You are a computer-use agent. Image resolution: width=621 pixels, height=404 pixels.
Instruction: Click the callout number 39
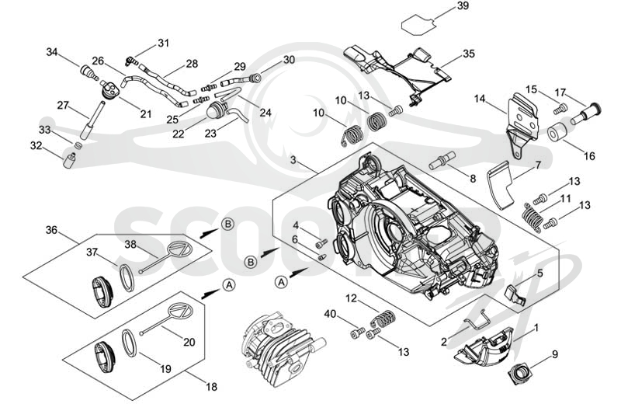462,6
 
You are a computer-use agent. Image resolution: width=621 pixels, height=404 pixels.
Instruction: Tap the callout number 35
468,54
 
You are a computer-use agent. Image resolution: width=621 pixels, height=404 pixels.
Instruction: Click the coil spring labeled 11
532,216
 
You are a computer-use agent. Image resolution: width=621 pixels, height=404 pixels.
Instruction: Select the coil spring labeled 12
383,318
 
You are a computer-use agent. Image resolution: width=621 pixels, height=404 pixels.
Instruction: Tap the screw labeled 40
358,333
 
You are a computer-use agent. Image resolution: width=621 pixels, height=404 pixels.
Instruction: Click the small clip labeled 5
515,294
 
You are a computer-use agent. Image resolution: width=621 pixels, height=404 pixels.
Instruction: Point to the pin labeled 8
443,159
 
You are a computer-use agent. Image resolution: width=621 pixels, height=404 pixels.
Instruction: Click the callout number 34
52,52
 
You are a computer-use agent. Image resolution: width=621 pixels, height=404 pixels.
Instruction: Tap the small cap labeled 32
69,160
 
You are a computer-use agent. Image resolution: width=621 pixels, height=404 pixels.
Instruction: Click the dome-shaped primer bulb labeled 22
217,108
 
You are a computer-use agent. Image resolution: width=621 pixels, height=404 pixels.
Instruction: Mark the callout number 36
51,230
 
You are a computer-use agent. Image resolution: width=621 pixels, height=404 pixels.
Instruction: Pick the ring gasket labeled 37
127,277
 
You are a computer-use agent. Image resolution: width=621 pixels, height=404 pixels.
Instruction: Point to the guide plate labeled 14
521,124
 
